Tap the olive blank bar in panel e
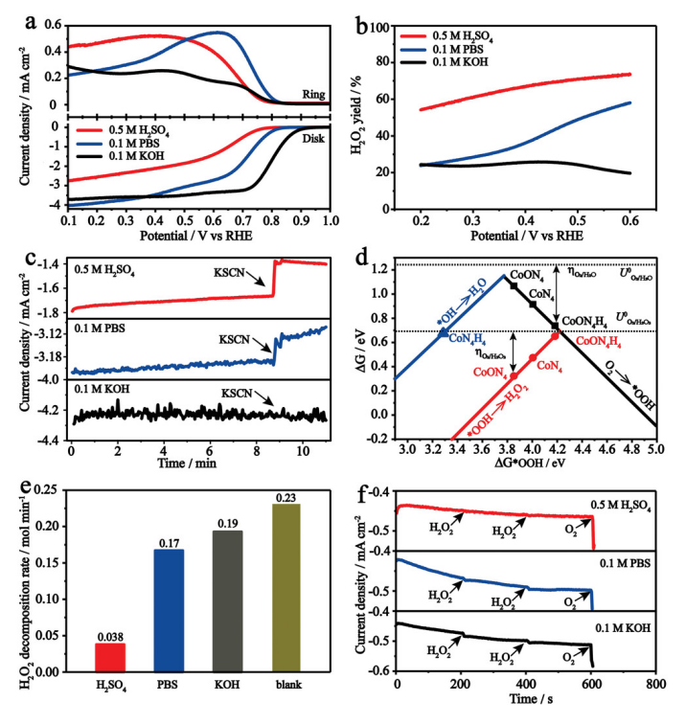(x=283, y=587)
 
